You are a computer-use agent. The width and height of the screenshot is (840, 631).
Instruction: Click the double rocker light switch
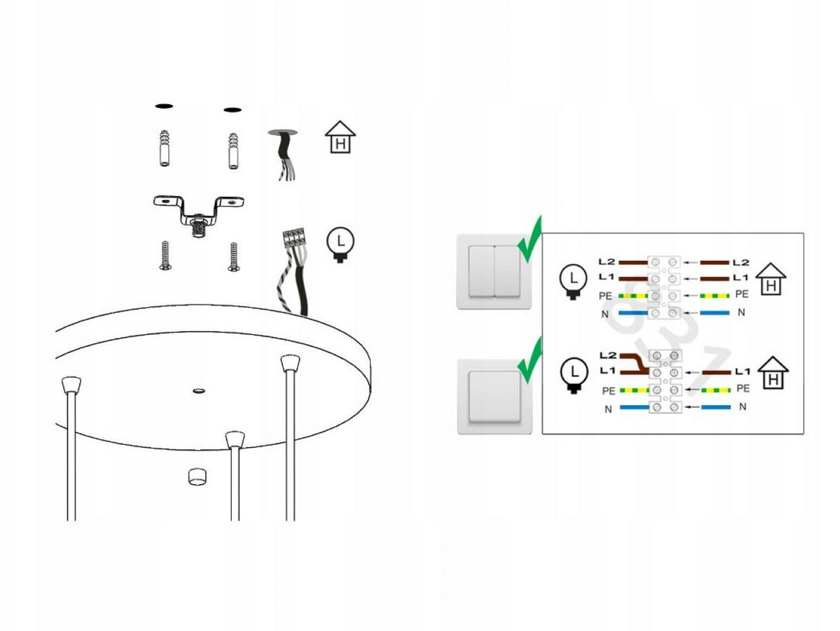pos(493,271)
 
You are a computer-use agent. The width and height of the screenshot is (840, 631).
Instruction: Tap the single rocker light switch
pos(494,397)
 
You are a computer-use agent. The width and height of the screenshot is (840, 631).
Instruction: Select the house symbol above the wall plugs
pos(339,137)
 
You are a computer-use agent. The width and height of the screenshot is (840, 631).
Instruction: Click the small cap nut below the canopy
pos(197,476)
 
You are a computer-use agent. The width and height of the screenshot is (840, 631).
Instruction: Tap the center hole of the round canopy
pos(199,391)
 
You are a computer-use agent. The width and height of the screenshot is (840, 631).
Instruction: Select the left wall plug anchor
pos(164,148)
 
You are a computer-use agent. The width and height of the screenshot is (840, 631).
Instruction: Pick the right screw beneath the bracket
pos(233,257)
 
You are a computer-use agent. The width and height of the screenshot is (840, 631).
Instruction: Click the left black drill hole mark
pos(164,106)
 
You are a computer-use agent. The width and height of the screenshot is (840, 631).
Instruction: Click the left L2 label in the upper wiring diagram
pos(607,262)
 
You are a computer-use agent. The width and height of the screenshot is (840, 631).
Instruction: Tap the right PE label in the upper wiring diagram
pos(741,294)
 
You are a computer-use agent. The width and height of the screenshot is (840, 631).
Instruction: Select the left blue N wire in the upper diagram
pos(633,313)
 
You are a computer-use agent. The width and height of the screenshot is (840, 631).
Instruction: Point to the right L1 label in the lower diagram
pos(743,371)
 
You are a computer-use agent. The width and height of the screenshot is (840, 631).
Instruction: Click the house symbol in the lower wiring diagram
pos(773,373)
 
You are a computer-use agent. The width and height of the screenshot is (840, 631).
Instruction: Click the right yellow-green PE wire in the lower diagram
pos(715,390)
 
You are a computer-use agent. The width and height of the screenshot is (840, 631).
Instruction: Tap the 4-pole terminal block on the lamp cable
pos(294,236)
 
